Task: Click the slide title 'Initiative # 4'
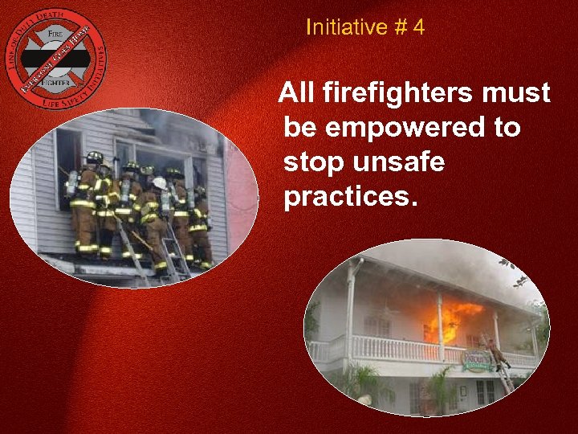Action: pos(365,28)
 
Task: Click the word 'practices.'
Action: pos(351,197)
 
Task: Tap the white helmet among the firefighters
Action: pos(160,184)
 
